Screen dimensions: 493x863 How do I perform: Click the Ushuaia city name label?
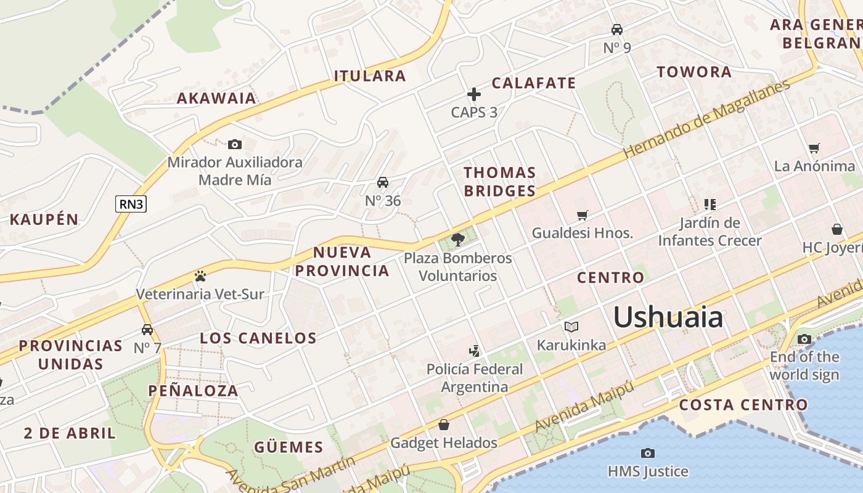pyautogui.click(x=668, y=317)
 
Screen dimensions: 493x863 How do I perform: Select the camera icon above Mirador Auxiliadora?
pyautogui.click(x=234, y=144)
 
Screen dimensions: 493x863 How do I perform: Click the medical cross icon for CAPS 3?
pyautogui.click(x=473, y=94)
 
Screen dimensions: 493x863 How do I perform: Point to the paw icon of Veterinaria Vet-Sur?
pyautogui.click(x=200, y=276)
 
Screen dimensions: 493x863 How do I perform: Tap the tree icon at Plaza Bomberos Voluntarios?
pyautogui.click(x=457, y=239)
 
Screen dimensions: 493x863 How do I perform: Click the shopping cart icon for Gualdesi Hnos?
pyautogui.click(x=582, y=215)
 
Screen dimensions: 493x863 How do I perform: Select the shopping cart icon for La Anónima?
pyautogui.click(x=814, y=148)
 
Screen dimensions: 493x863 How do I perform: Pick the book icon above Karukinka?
pyautogui.click(x=571, y=327)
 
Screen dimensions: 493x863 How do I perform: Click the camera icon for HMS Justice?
pyautogui.click(x=647, y=454)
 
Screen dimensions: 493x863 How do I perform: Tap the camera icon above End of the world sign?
pyautogui.click(x=804, y=339)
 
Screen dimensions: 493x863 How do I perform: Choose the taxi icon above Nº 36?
pyautogui.click(x=383, y=182)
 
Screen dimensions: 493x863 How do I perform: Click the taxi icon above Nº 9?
pyautogui.click(x=616, y=29)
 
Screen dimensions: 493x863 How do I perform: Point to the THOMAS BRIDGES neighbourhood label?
pyautogui.click(x=499, y=182)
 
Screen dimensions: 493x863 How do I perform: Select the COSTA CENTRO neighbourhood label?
pyautogui.click(x=743, y=405)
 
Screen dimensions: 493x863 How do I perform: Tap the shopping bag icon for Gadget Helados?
pyautogui.click(x=443, y=425)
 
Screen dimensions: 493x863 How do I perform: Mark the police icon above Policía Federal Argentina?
pyautogui.click(x=474, y=351)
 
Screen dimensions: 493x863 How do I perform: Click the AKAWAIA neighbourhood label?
pyautogui.click(x=216, y=98)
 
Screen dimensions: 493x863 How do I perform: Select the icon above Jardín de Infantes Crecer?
pyautogui.click(x=710, y=204)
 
